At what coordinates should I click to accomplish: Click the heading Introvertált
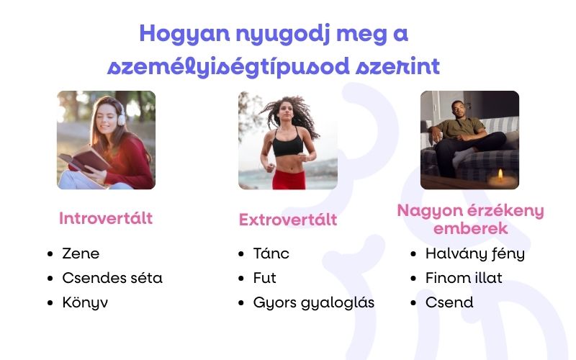coord(106,218)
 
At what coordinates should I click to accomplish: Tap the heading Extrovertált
coord(288,220)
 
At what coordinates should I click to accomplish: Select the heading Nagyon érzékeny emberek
coord(470,220)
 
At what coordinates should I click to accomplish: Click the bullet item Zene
coord(81,253)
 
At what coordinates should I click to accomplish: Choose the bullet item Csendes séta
coord(112,278)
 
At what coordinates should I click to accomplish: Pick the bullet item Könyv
coord(85,302)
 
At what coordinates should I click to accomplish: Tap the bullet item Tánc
coord(271,253)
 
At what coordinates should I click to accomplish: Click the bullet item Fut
coord(265,278)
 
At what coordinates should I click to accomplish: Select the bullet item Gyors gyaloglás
coord(314,302)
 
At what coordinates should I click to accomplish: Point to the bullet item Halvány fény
coord(475,253)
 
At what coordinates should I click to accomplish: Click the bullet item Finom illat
coord(464,278)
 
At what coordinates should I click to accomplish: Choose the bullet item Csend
coord(449,302)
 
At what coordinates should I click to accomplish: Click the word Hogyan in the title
coord(176,33)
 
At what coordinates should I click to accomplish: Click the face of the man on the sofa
coord(456,109)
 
